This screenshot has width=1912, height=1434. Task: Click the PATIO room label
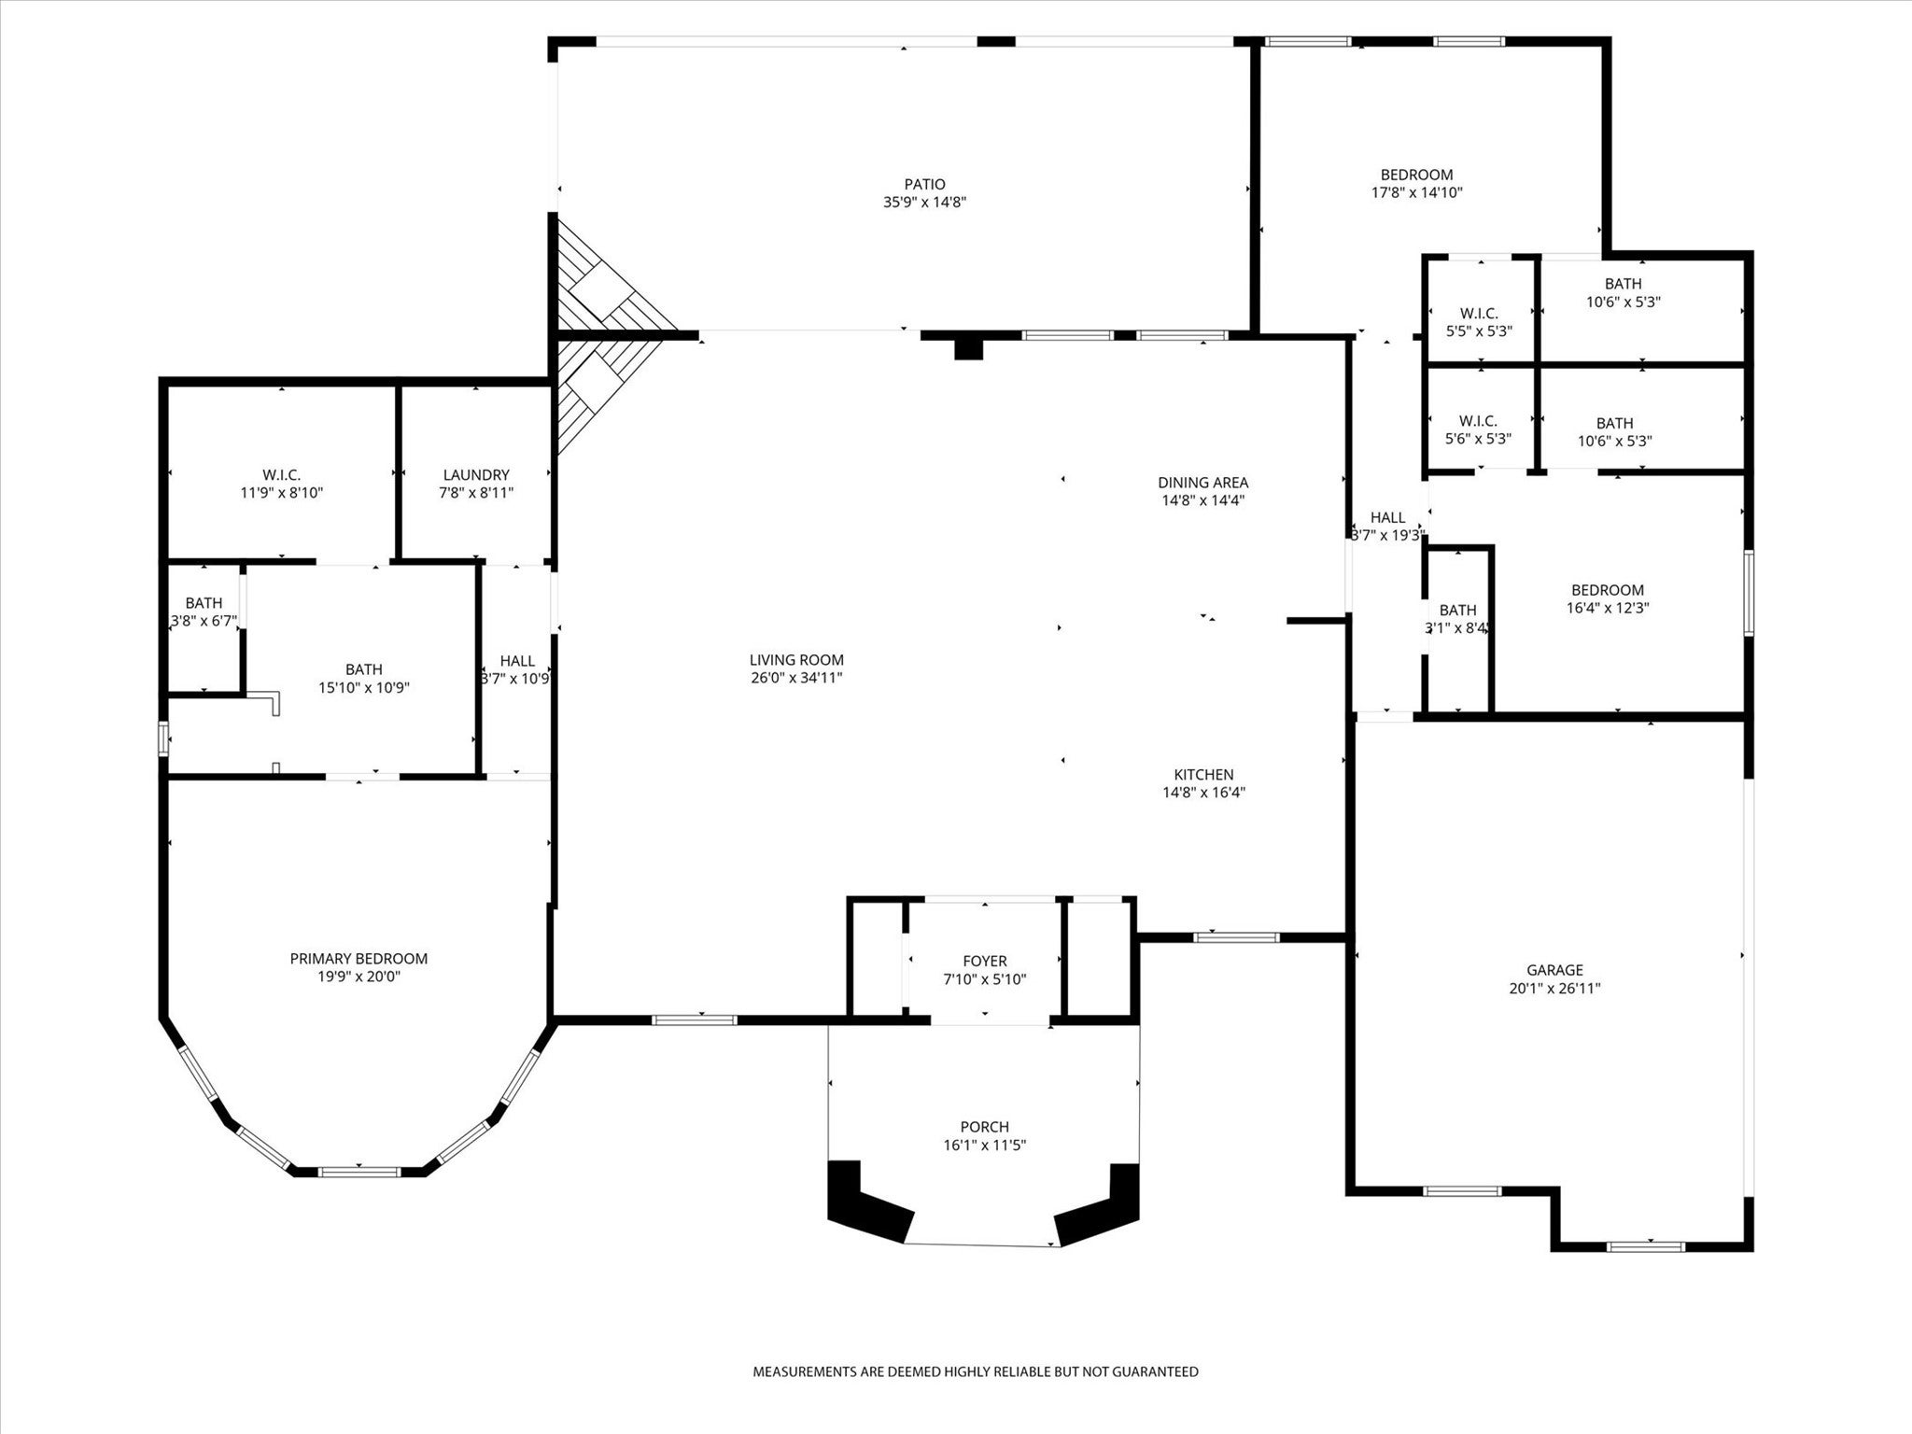924,185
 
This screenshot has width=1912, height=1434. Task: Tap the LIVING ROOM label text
796,660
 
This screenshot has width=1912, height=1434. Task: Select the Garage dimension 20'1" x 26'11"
1554,988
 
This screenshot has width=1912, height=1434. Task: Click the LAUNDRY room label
476,475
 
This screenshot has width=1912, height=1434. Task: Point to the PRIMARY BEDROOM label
358,959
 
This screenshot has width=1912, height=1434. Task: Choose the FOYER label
985,962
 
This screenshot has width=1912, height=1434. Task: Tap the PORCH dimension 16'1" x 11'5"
984,1145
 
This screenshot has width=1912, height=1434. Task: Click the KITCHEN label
1204,775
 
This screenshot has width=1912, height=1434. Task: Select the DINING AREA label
1203,483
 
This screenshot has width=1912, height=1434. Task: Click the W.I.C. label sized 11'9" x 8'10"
281,475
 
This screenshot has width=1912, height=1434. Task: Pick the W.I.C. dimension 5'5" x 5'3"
1479,330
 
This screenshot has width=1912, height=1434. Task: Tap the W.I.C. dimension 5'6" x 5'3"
1478,438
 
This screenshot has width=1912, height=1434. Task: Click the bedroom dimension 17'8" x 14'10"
1416,192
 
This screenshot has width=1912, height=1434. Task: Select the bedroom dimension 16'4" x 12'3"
1608,608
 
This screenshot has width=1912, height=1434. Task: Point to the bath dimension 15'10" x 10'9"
364,688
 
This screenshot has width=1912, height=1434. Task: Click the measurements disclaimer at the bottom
976,1372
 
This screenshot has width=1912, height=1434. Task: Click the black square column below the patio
969,347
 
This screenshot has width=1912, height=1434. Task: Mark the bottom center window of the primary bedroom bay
359,1170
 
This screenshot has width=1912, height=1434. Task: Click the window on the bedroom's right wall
1749,593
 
